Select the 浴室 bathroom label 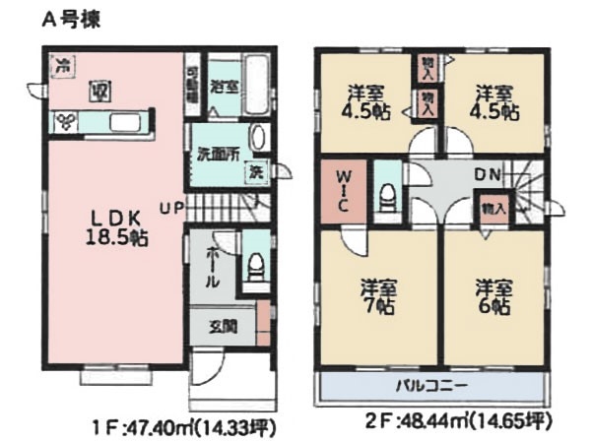[x=224, y=85]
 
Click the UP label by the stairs [x=171, y=207]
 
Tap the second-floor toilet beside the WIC [x=388, y=192]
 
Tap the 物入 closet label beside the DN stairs [x=492, y=208]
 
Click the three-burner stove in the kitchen [x=68, y=121]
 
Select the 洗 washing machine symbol [x=254, y=170]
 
